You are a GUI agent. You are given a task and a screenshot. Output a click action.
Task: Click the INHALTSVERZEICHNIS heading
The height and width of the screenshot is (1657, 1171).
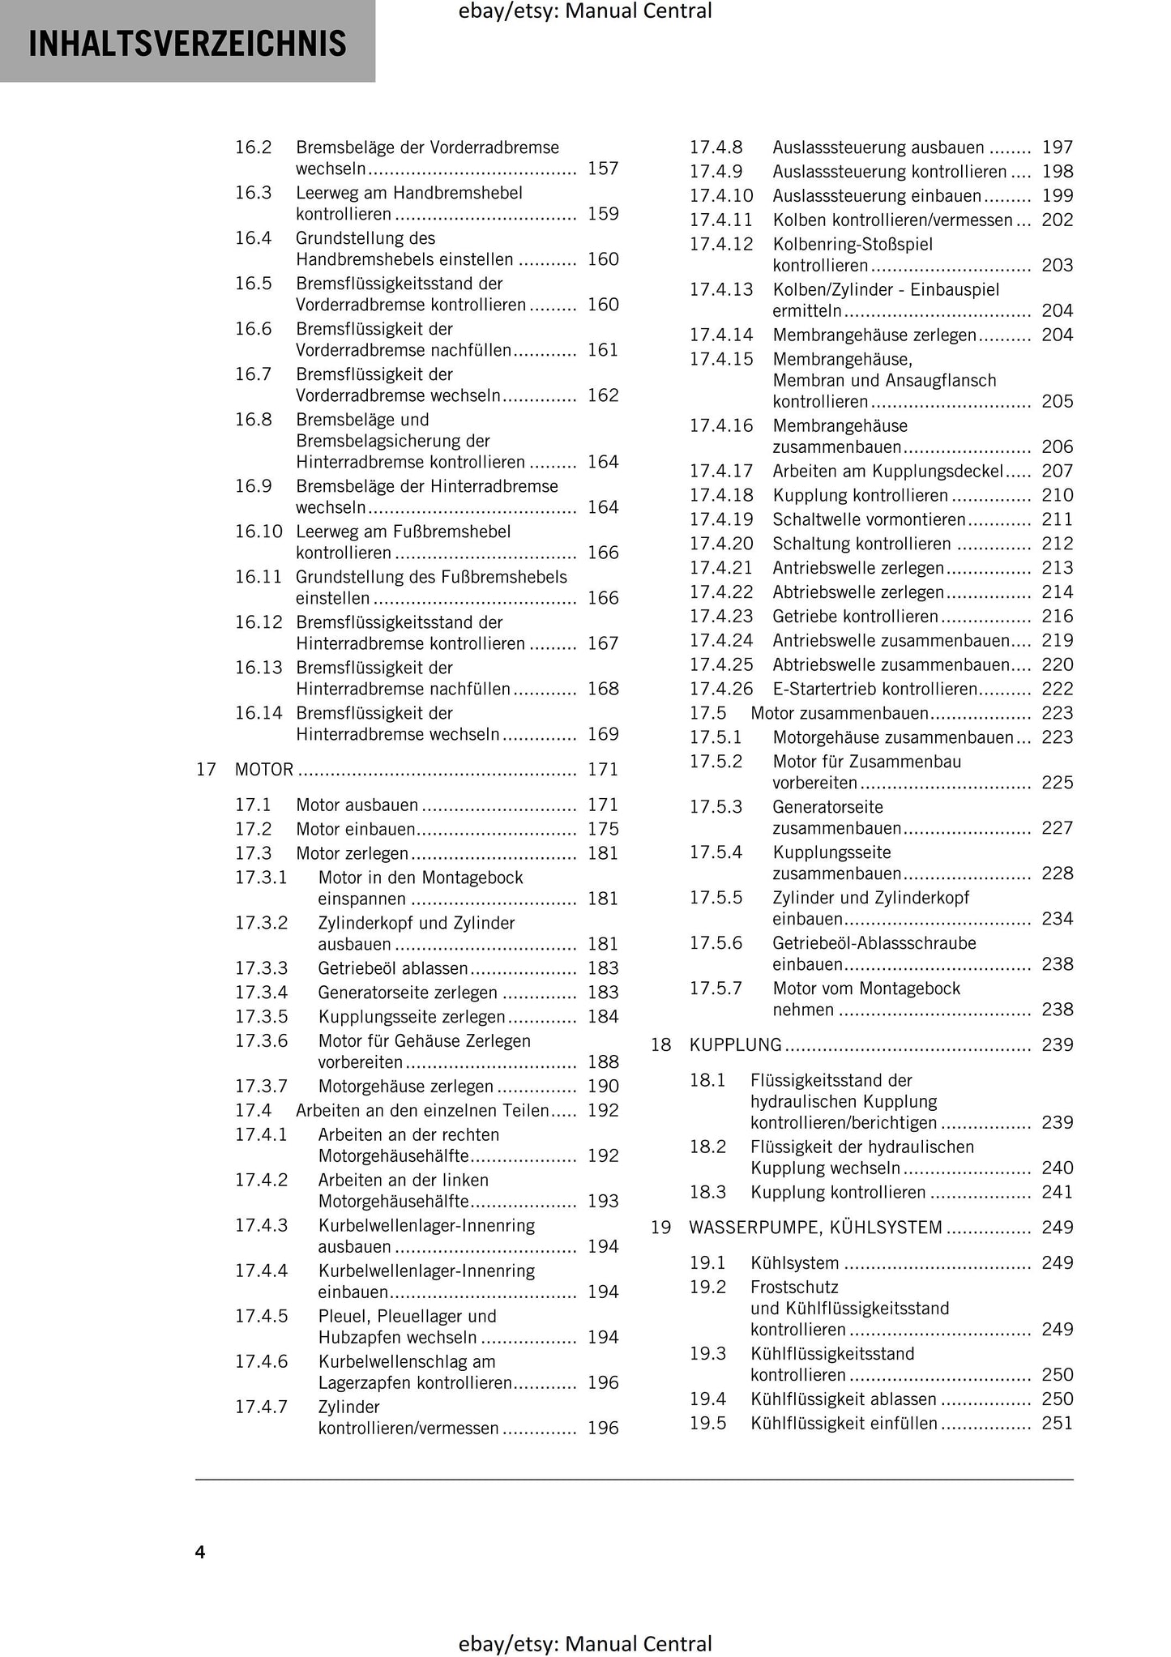click(187, 43)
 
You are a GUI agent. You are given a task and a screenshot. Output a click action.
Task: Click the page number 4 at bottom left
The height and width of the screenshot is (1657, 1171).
click(200, 1552)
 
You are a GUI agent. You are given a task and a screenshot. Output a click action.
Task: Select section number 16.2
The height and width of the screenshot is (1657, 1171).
click(253, 147)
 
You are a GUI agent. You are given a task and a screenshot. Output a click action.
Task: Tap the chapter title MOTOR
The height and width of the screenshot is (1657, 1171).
click(264, 769)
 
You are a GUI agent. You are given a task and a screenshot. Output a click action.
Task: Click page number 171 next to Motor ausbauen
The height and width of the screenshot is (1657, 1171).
click(603, 805)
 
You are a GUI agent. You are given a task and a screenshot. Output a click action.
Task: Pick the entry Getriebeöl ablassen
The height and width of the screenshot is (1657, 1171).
click(393, 968)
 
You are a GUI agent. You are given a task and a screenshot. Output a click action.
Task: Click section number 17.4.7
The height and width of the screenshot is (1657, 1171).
click(261, 1407)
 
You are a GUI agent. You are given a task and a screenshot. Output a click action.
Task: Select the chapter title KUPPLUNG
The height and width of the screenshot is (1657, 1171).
click(735, 1044)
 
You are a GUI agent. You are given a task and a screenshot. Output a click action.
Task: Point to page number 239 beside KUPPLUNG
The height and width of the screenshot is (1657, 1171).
click(1057, 1044)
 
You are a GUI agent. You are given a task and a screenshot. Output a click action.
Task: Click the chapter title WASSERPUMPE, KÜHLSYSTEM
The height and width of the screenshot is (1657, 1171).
click(815, 1228)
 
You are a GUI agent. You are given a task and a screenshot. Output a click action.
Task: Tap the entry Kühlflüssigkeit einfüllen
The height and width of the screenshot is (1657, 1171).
click(844, 1424)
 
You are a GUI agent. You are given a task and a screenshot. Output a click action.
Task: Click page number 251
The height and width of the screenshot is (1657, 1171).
click(1057, 1424)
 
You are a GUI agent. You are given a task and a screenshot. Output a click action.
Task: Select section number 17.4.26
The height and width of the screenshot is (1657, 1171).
click(720, 689)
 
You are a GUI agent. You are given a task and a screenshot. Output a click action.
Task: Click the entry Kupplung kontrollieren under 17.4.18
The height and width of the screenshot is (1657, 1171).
click(860, 495)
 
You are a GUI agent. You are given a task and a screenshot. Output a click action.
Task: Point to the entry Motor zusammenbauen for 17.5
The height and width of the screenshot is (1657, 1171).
click(840, 713)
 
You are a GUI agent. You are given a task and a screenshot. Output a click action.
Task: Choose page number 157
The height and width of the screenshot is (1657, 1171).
click(603, 169)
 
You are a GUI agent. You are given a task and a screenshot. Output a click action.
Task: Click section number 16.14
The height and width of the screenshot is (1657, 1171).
click(259, 713)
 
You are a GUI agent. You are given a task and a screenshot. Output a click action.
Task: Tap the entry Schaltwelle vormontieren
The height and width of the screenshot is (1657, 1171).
click(869, 519)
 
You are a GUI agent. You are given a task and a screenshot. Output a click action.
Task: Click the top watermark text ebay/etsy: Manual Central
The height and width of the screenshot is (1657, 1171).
click(584, 11)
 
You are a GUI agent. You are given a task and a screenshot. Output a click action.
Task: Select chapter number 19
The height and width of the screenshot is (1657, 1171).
click(660, 1228)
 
